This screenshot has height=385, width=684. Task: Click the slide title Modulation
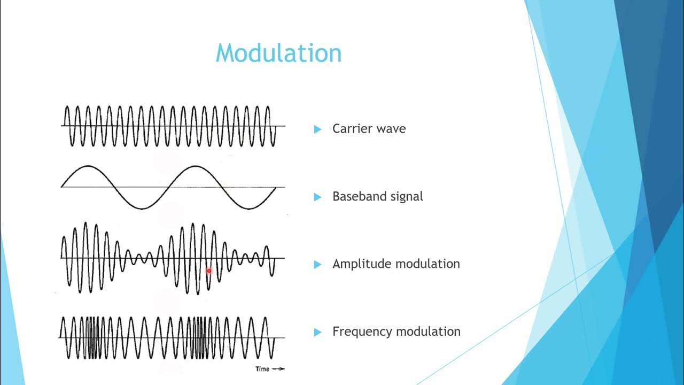[278, 53]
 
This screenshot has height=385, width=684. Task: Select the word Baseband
[356, 196]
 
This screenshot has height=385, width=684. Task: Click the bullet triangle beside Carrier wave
[318, 129]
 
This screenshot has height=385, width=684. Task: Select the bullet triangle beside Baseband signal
[318, 197]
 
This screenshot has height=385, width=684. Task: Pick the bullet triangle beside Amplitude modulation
[318, 264]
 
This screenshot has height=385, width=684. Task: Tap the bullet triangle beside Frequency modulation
[318, 332]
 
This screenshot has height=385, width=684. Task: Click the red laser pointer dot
[209, 271]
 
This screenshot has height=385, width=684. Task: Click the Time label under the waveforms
[262, 369]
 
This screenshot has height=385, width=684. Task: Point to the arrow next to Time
[278, 369]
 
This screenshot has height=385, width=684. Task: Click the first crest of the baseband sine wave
[88, 166]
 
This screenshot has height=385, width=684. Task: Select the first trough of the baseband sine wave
[142, 208]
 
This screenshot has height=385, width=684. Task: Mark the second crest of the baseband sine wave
[195, 166]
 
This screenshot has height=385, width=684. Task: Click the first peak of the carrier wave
[67, 107]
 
